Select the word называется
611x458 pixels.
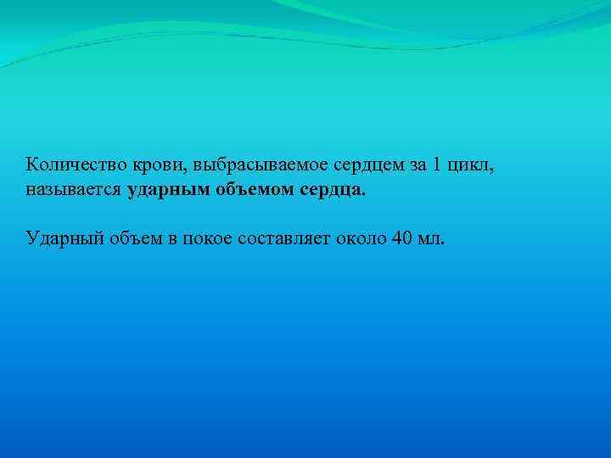74,192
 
